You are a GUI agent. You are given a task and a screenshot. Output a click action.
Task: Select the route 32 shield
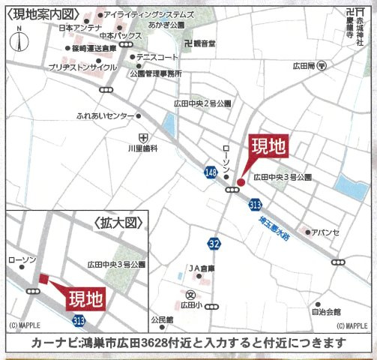(x=215, y=244)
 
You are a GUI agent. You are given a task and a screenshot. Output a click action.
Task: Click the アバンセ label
(x=326, y=232)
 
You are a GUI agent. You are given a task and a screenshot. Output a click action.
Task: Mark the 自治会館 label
(x=326, y=311)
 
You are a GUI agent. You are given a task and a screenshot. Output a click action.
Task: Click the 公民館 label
(x=161, y=319)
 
